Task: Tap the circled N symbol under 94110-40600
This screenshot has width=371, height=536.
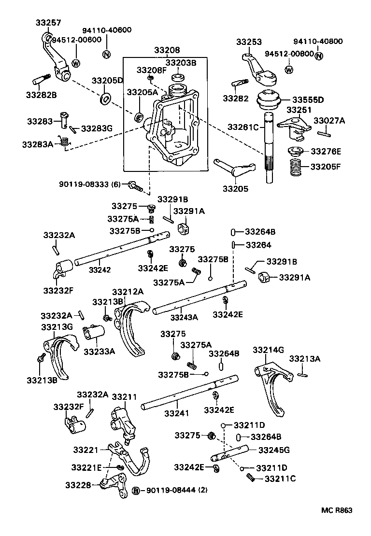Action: click(x=106, y=53)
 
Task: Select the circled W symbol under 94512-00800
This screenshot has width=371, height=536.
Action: click(x=289, y=70)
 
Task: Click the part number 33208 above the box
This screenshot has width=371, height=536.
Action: click(x=167, y=50)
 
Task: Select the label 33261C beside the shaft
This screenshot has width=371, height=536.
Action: click(x=244, y=127)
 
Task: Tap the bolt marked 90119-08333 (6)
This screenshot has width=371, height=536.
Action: click(x=135, y=184)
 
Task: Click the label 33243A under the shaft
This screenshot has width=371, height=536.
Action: click(x=184, y=317)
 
